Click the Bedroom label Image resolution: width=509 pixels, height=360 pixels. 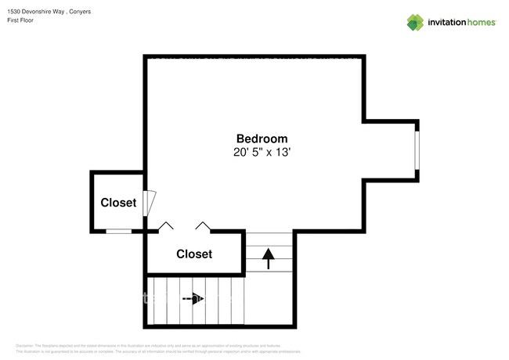pyautogui.click(x=262, y=138)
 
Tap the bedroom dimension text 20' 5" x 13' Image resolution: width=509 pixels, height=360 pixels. pyautogui.click(x=262, y=153)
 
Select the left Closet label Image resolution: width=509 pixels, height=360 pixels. pyautogui.click(x=118, y=203)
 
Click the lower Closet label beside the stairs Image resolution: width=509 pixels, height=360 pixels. pyautogui.click(x=194, y=254)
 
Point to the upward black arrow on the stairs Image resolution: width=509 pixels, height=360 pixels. pyautogui.click(x=269, y=257)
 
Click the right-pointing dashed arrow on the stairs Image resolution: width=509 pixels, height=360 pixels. pyautogui.click(x=193, y=298)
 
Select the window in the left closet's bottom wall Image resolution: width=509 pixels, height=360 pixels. pyautogui.click(x=119, y=231)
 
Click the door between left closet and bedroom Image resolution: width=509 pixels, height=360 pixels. pyautogui.click(x=149, y=203)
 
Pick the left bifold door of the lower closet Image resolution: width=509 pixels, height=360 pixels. pyautogui.click(x=166, y=226)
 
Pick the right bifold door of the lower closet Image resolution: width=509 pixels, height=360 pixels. pyautogui.click(x=204, y=226)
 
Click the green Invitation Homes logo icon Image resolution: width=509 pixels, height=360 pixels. pyautogui.click(x=415, y=22)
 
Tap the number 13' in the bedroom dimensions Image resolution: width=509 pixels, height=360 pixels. pyautogui.click(x=282, y=153)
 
